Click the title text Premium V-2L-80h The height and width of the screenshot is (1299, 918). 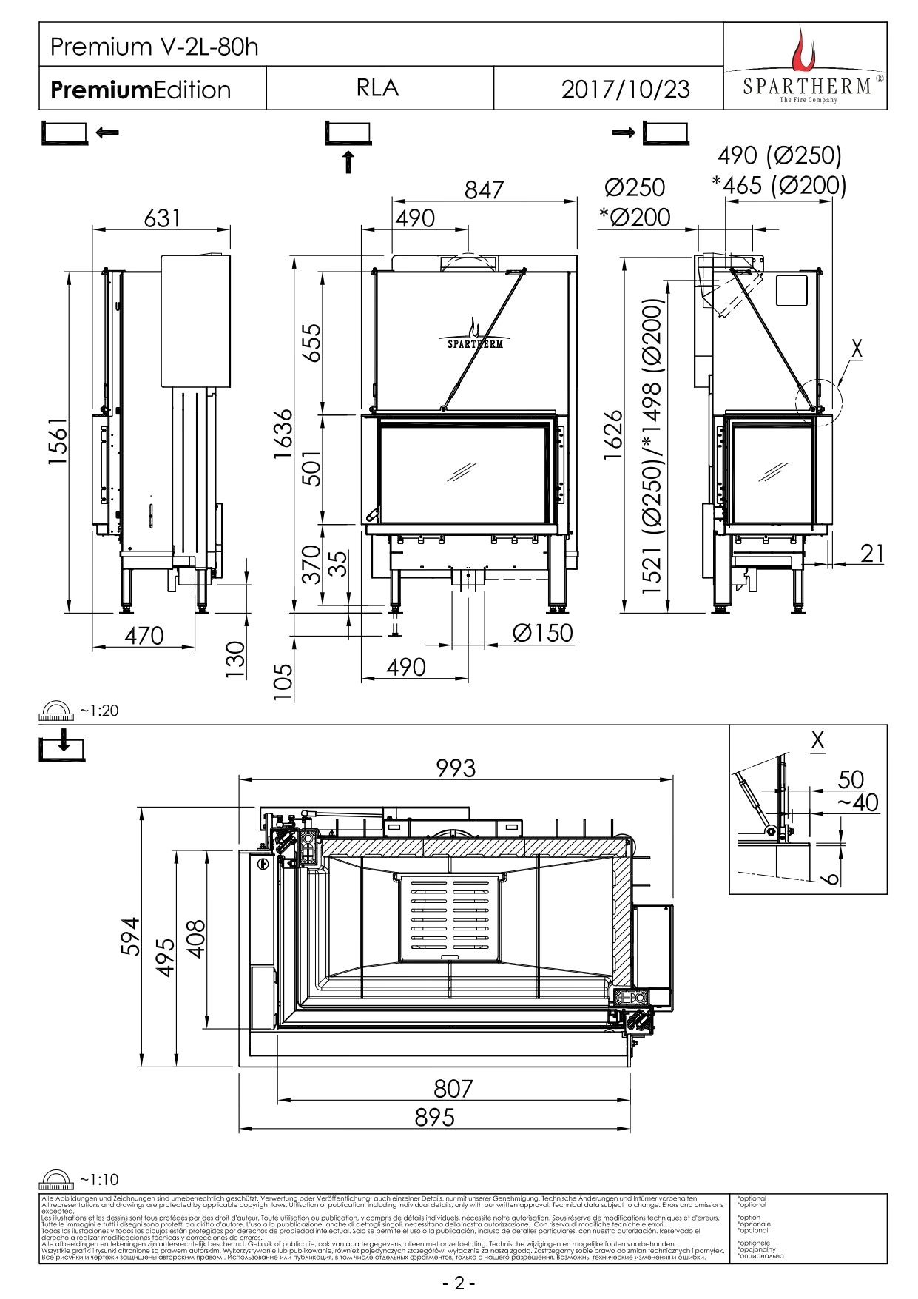tap(154, 47)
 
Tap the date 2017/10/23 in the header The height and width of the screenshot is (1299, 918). tap(625, 89)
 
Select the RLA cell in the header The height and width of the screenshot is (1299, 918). tap(377, 88)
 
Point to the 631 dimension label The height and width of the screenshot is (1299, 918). tap(162, 218)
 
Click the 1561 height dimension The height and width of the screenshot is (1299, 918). tap(58, 441)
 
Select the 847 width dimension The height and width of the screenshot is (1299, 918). tap(484, 190)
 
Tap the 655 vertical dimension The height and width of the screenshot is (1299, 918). tap(312, 342)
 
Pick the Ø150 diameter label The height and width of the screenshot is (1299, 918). tap(543, 633)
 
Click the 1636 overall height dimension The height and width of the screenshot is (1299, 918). tap(283, 434)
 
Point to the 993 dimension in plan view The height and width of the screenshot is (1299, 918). tap(456, 768)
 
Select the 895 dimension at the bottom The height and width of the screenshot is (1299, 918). tap(434, 1117)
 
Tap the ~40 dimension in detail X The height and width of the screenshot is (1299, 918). tap(858, 802)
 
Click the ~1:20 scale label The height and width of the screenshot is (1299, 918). tap(99, 711)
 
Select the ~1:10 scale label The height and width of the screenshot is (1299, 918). tap(99, 1180)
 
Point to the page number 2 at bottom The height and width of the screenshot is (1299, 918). tap(459, 1283)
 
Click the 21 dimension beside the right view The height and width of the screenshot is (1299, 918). tap(872, 553)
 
